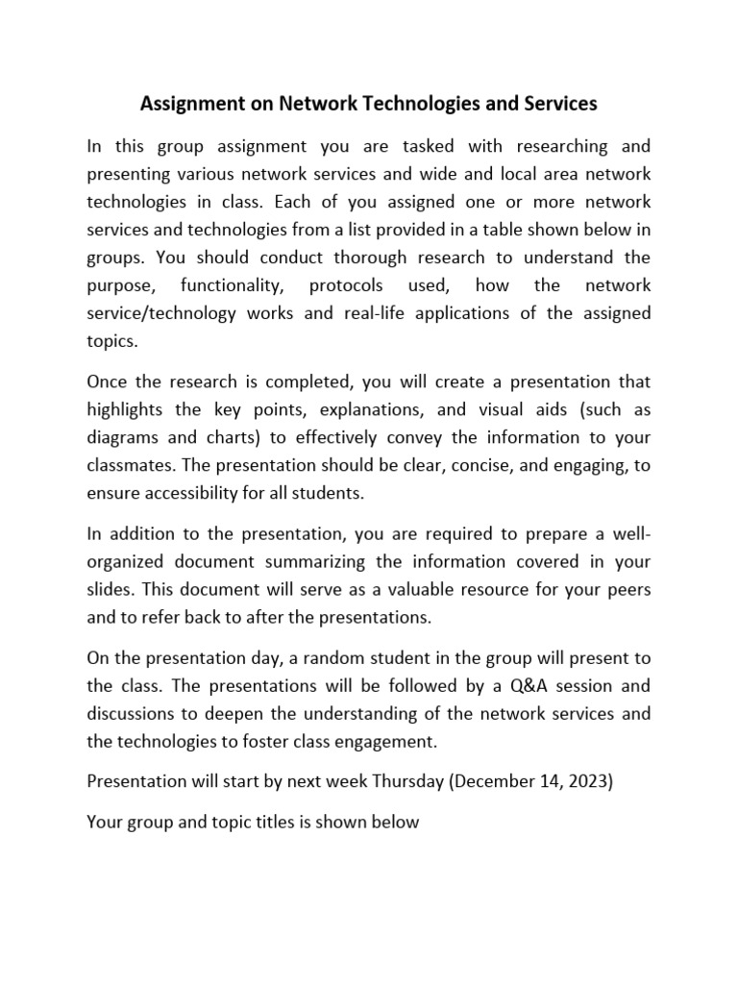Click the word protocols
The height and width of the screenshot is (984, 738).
[345, 285]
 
